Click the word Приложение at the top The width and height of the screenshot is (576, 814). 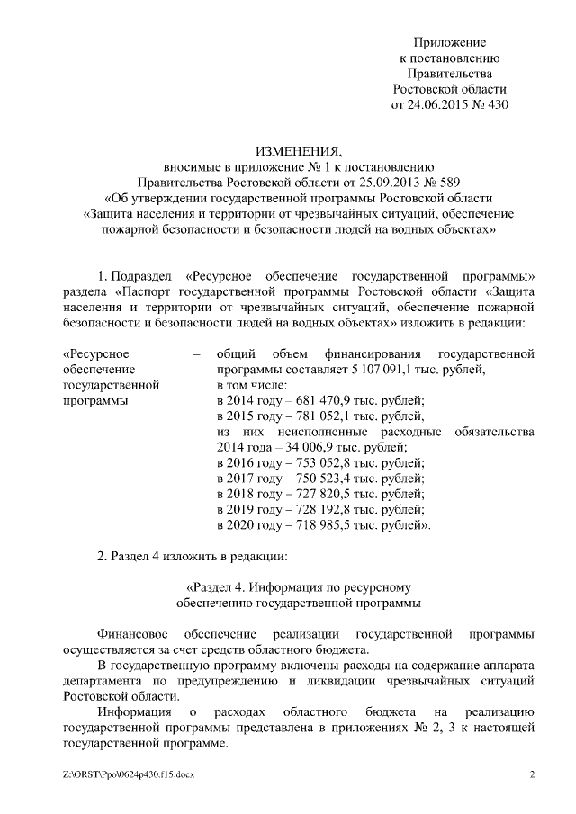[450, 42]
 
